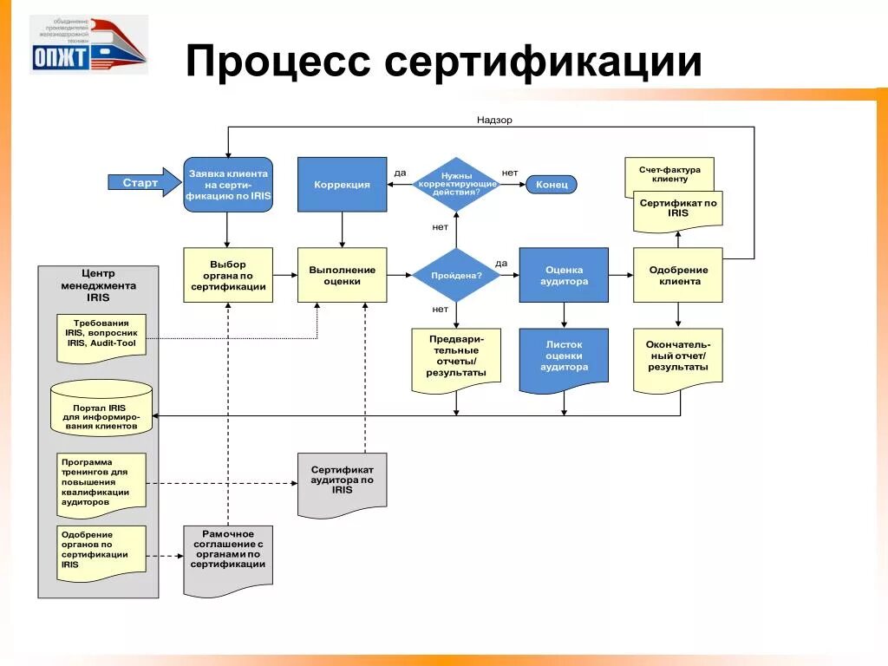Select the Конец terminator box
click(x=552, y=185)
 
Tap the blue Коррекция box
click(x=342, y=185)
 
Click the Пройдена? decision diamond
click(x=455, y=275)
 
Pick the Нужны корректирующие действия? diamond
click(x=456, y=185)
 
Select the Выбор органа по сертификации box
click(x=228, y=275)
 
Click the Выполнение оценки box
click(x=342, y=275)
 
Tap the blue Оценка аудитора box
click(x=564, y=275)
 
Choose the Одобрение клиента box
click(x=678, y=275)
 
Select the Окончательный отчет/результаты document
click(x=678, y=356)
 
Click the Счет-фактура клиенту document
click(x=669, y=173)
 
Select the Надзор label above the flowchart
click(x=494, y=120)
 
